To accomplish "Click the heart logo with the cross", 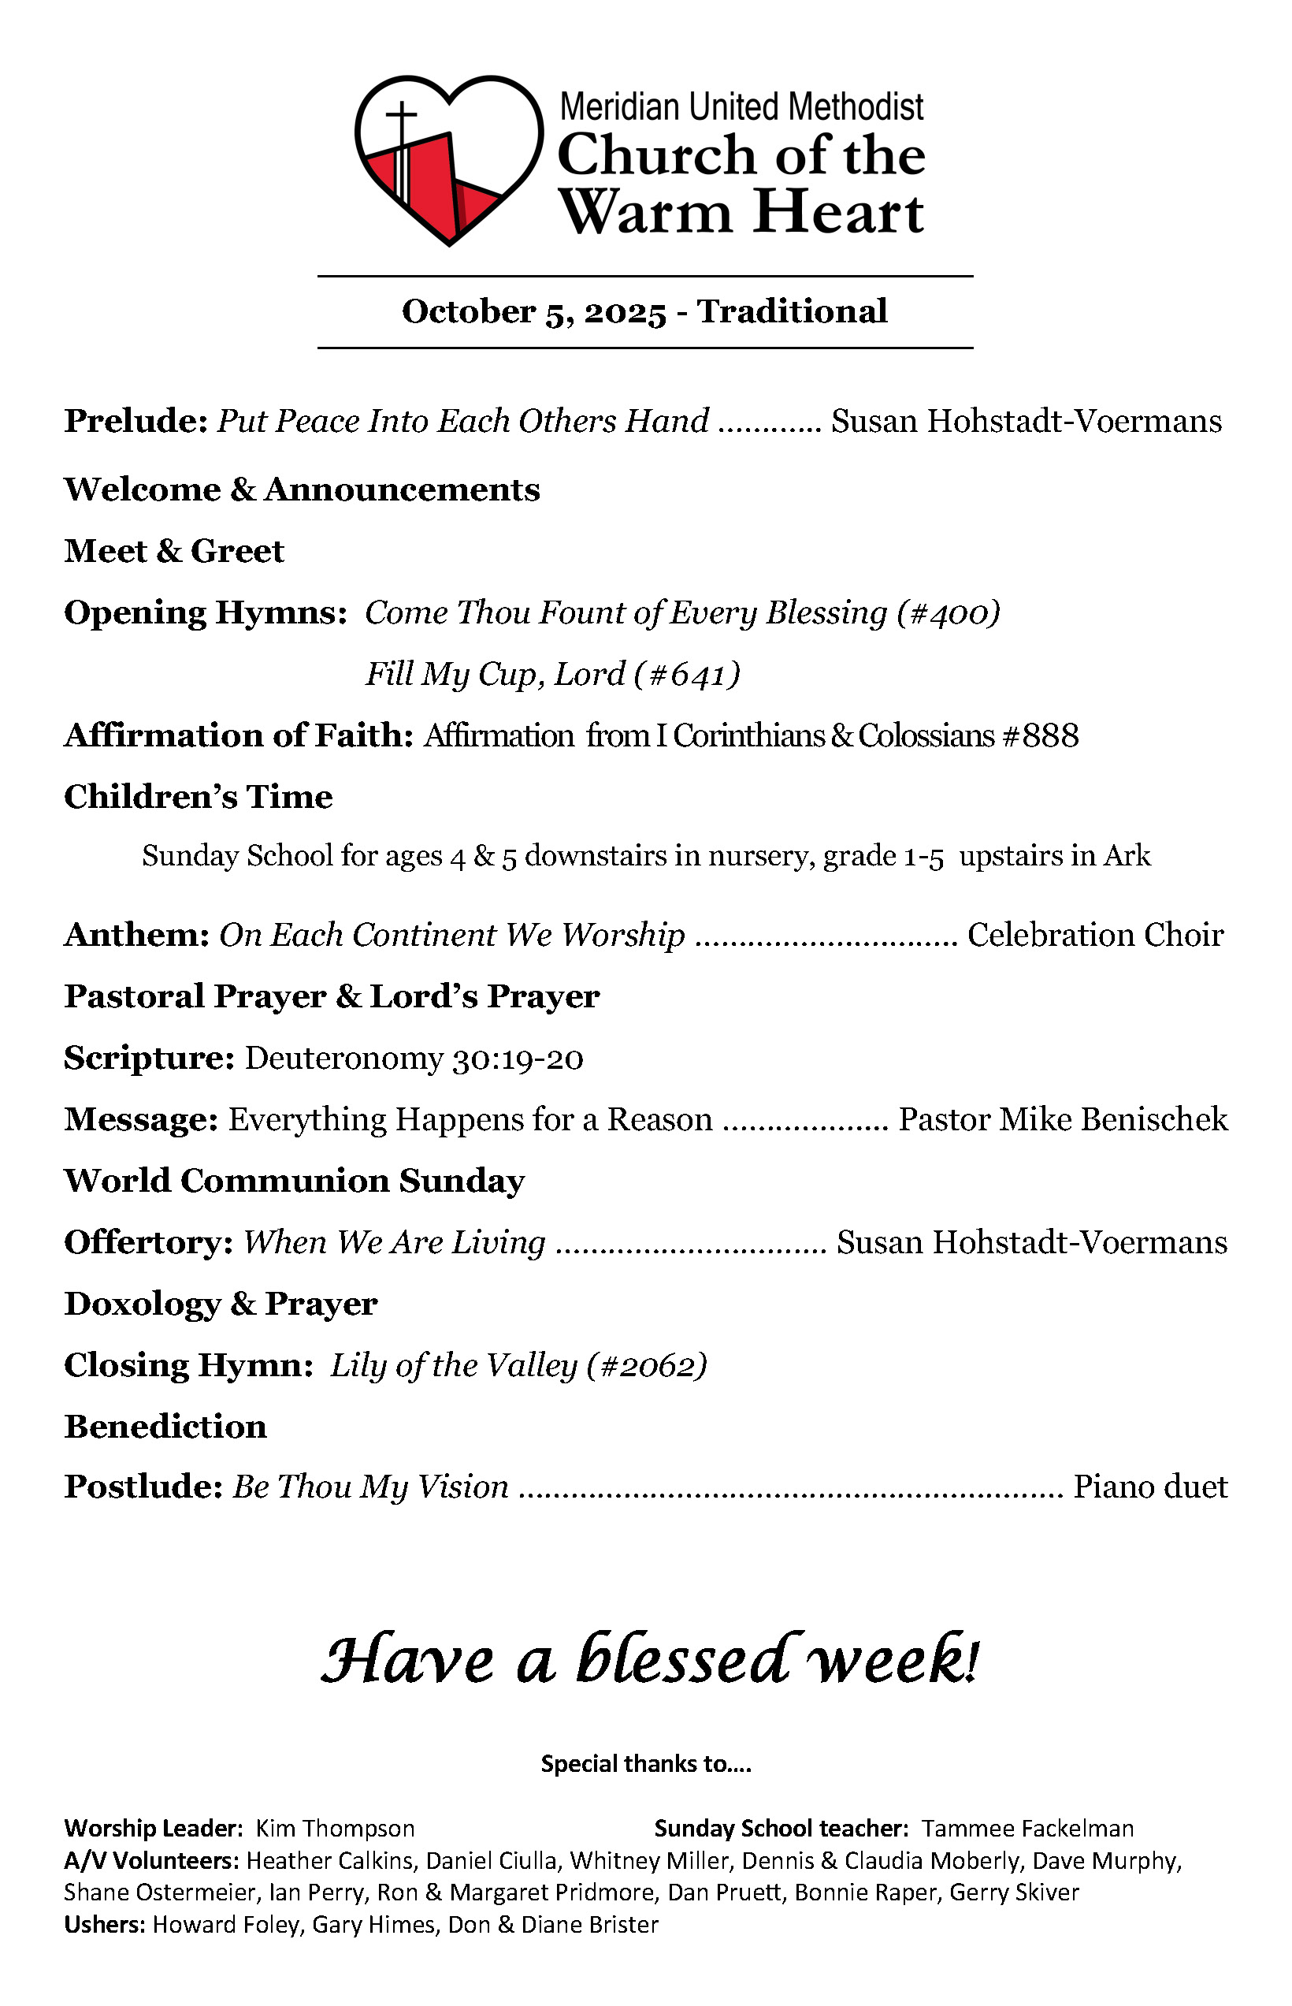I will coord(449,159).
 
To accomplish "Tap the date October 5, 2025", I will coord(533,311).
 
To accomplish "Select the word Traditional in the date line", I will coord(792,311).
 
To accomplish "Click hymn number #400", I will coord(948,612).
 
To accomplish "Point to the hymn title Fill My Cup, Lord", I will coord(495,674).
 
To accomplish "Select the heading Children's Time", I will coord(198,797).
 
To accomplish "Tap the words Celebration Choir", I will coord(1095,935).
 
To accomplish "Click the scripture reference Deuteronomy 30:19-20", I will coord(414,1059).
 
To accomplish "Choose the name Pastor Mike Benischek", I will coord(1063,1120).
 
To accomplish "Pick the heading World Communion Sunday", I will coord(295,1181).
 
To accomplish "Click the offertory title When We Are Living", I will coord(395,1242).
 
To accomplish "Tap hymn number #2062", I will coord(646,1366).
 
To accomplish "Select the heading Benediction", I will coord(165,1427).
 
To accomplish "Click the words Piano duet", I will coord(1150,1487).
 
